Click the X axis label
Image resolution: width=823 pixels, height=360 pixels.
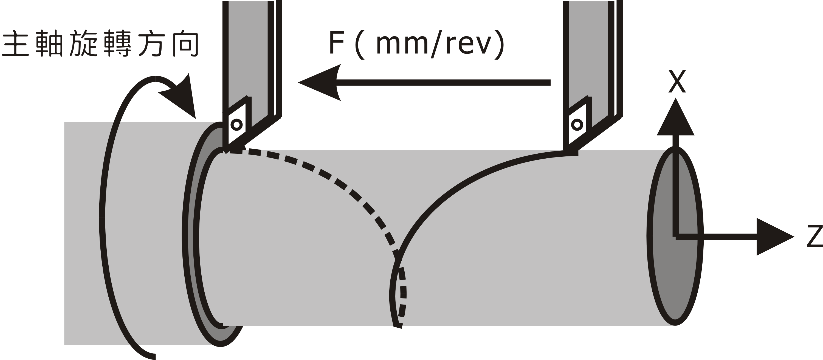(677, 82)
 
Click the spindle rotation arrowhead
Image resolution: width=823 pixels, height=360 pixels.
(182, 96)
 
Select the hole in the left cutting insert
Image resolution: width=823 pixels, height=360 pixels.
(236, 124)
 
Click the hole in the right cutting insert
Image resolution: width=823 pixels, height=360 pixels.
(577, 124)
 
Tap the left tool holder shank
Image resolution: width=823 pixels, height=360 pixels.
(248, 48)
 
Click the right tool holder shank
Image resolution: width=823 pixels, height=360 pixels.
(588, 48)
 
